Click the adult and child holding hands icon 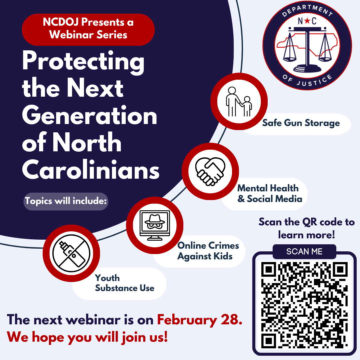click(239, 101)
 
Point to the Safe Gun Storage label click(301, 123)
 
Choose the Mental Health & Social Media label click(269, 194)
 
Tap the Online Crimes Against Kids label click(208, 251)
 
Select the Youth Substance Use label click(124, 283)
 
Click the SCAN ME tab click(304, 252)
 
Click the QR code click(304, 304)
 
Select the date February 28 click(199, 320)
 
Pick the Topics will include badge click(66, 201)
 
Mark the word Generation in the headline click(89, 116)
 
